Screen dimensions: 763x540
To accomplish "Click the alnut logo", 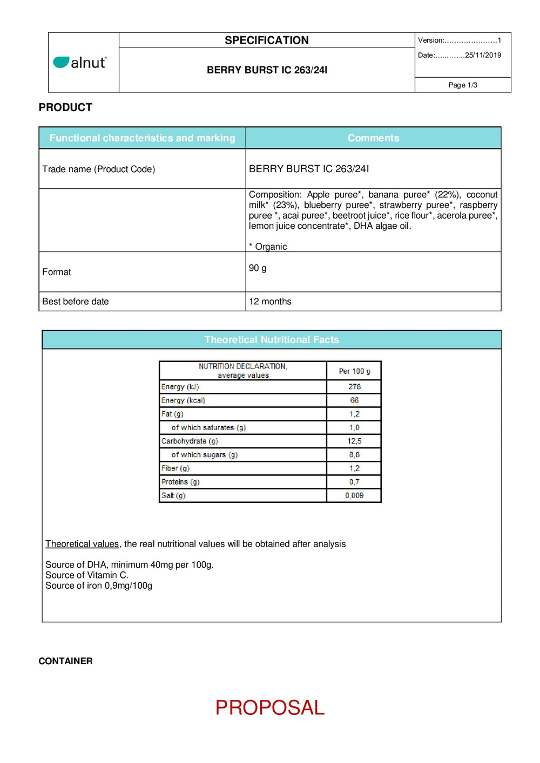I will (80, 63).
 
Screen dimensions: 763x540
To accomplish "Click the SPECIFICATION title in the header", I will (267, 40).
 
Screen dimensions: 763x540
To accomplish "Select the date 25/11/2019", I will (483, 55).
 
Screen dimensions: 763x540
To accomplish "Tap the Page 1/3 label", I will (463, 85).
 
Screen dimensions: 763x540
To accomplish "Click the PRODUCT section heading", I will (65, 107).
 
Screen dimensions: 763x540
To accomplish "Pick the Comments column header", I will (373, 138).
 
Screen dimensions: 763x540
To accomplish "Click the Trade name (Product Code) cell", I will (99, 169).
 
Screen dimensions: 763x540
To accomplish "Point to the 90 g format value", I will (258, 268).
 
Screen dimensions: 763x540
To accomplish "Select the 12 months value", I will (270, 302).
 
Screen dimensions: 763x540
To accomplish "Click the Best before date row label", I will (76, 302).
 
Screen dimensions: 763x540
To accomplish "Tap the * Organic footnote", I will (268, 247).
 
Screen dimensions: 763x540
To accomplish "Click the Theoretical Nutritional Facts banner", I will (272, 340).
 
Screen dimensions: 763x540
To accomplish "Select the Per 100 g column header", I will (354, 371).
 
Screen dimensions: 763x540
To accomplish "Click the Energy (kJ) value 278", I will (354, 387).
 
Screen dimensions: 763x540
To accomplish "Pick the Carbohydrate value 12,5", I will (354, 441).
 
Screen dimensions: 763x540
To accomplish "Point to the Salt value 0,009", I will (354, 495).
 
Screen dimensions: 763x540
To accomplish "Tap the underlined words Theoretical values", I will (82, 544).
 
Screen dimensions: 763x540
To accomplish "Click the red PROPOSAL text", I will (270, 707).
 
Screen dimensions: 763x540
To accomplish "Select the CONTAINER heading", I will (65, 661).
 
